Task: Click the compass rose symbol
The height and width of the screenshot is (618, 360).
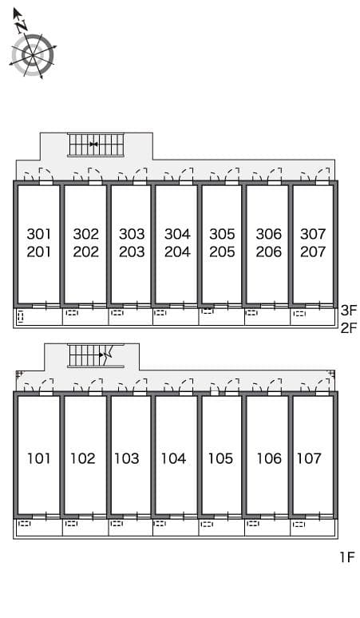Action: [33, 55]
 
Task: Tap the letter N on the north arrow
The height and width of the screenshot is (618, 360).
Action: [22, 27]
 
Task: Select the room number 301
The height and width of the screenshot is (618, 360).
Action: [38, 234]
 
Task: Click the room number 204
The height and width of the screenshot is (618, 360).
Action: [177, 252]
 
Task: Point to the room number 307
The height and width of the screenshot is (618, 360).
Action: [313, 234]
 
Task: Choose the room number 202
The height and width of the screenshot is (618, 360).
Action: [85, 252]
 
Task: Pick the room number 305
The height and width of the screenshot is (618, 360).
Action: [222, 234]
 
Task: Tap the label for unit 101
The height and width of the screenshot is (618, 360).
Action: [38, 458]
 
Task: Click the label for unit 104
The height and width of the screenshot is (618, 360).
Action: [173, 458]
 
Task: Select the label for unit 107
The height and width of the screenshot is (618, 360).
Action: [309, 458]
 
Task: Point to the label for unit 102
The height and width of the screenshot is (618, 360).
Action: [83, 458]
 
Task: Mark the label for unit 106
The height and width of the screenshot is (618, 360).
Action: [269, 458]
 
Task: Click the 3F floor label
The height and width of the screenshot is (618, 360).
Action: [349, 311]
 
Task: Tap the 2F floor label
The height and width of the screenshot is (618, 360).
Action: [349, 328]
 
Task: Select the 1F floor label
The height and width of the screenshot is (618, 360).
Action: [347, 557]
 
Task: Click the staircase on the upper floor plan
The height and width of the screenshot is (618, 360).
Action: [96, 145]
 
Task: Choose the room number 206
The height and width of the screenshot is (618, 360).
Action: [269, 252]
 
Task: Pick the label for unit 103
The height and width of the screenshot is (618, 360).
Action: [127, 458]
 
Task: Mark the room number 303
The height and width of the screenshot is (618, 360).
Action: [132, 234]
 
